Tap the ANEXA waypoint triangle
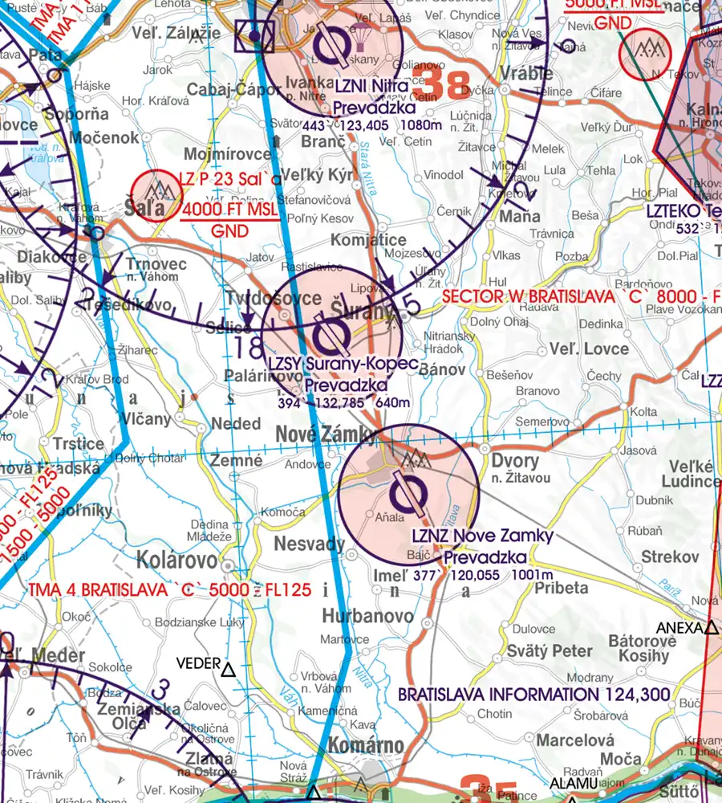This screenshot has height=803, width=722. pos(711,628)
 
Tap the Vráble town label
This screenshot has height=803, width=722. pos(525,73)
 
